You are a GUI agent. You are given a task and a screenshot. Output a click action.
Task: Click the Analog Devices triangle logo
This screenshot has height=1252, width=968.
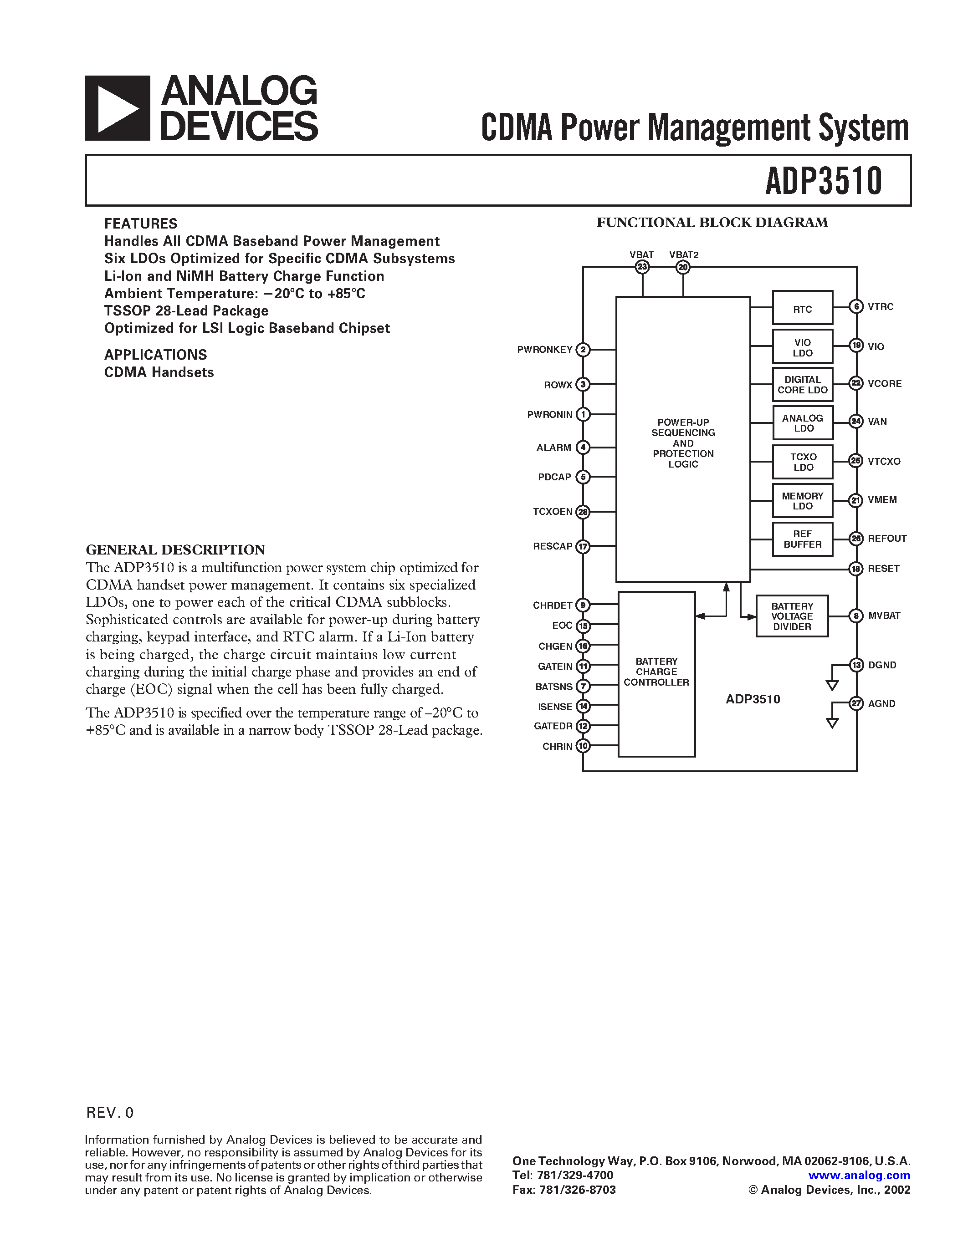[118, 108]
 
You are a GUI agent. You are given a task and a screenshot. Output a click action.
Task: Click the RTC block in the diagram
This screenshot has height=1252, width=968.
[802, 309]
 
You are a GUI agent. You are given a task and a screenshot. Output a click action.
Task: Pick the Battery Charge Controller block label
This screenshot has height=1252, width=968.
[656, 672]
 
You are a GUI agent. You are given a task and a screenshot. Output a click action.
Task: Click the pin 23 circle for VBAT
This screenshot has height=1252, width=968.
[642, 267]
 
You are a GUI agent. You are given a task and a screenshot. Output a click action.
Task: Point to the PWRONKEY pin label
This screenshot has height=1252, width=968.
[544, 350]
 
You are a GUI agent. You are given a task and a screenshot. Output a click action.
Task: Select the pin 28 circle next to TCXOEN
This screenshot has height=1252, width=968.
[583, 512]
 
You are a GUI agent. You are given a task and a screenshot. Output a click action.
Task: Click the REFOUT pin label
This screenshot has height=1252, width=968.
[886, 538]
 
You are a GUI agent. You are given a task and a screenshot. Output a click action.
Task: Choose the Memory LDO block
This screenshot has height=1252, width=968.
[802, 501]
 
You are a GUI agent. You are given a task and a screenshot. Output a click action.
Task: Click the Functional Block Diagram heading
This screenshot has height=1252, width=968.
[712, 223]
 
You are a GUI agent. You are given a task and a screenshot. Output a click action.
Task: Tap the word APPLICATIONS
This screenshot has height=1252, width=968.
[155, 355]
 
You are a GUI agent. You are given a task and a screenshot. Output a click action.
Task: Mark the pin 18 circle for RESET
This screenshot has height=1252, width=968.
[855, 569]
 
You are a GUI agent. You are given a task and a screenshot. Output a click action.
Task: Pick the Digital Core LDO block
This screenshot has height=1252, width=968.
[802, 385]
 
